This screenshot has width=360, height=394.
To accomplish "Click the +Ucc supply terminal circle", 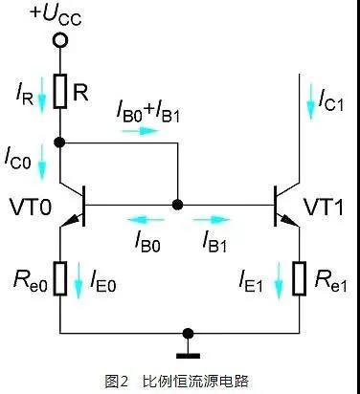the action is tap(60, 40).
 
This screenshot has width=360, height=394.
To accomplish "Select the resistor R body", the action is tap(60, 91).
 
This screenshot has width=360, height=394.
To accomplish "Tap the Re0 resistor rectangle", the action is tap(60, 278).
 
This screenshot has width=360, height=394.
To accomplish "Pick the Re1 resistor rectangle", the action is tap(300, 278).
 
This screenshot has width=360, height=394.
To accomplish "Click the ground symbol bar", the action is tap(189, 356).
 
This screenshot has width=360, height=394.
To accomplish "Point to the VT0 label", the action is tap(31, 208).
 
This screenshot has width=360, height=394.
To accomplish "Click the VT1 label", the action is tap(323, 208).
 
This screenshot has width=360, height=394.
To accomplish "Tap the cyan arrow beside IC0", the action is tap(42, 162).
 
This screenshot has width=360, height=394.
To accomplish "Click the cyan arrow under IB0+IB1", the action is tap(140, 130).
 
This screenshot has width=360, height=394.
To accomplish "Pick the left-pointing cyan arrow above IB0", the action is tap(146, 219).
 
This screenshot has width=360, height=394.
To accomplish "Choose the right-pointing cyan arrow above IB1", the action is tap(212, 219).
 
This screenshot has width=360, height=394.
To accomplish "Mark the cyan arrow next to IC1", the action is tap(310, 101).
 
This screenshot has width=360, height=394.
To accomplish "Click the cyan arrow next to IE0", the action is tap(79, 280).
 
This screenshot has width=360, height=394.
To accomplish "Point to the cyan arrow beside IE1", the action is tap(279, 280).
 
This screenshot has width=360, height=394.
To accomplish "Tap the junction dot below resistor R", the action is tap(59, 142).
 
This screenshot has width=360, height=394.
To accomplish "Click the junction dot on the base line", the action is tap(177, 205).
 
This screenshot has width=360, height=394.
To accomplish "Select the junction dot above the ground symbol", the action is tap(189, 334).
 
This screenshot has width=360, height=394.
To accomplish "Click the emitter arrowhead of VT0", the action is tap(69, 222).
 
